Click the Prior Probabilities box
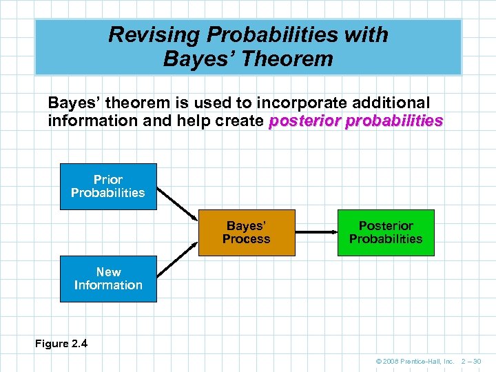tap(108, 187)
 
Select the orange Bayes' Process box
tap(247, 233)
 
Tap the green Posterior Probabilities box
tap(386, 233)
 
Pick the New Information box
tap(108, 279)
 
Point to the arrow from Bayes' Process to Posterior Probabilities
tap(316, 233)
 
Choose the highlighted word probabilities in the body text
tap(394, 121)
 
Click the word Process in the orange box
tap(247, 240)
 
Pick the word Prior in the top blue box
tap(108, 180)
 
